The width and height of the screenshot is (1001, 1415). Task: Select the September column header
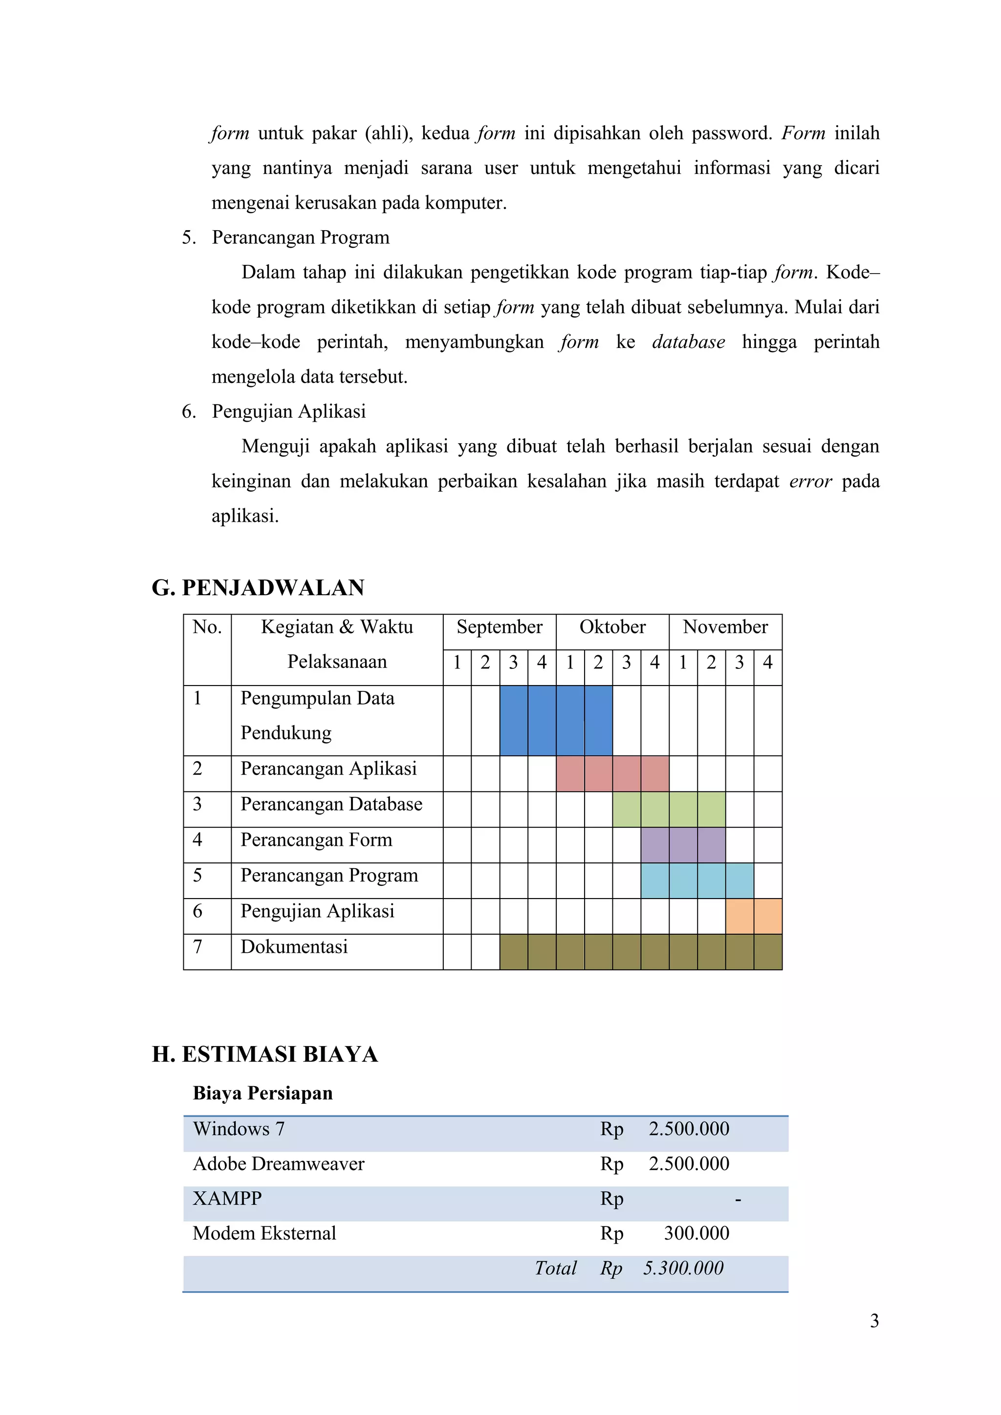tap(499, 627)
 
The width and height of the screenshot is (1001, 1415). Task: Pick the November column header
tap(725, 627)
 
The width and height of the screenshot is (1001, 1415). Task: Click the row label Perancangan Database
tap(331, 804)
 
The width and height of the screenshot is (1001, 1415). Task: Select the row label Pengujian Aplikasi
tap(317, 911)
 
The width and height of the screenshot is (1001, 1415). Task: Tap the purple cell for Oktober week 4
tap(654, 845)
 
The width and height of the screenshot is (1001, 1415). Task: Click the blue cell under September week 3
tap(513, 720)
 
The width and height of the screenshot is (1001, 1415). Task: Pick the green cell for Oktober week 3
tap(626, 809)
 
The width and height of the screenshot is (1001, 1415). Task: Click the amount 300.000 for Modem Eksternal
tap(696, 1233)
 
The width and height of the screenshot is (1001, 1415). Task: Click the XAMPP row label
tap(227, 1198)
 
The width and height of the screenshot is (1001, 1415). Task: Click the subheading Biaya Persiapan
tap(262, 1093)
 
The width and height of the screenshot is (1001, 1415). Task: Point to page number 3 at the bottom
tap(873, 1321)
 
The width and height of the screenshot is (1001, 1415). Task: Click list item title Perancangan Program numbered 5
tap(300, 237)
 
